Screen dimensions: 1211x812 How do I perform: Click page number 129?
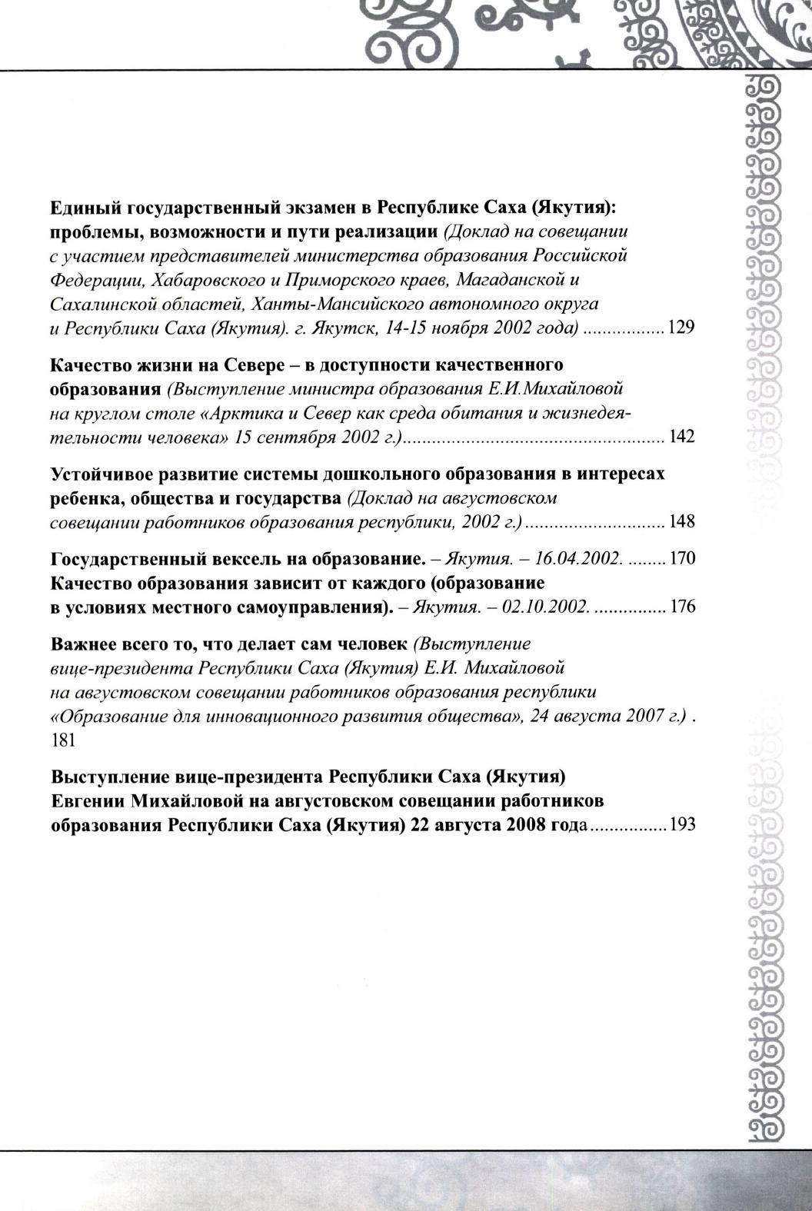pyautogui.click(x=682, y=328)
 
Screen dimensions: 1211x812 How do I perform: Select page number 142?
pyautogui.click(x=682, y=437)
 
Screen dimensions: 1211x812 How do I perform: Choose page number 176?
pyautogui.click(x=682, y=607)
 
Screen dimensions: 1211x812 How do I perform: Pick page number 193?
pyautogui.click(x=682, y=825)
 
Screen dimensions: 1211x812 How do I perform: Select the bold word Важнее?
pyautogui.click(x=82, y=644)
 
